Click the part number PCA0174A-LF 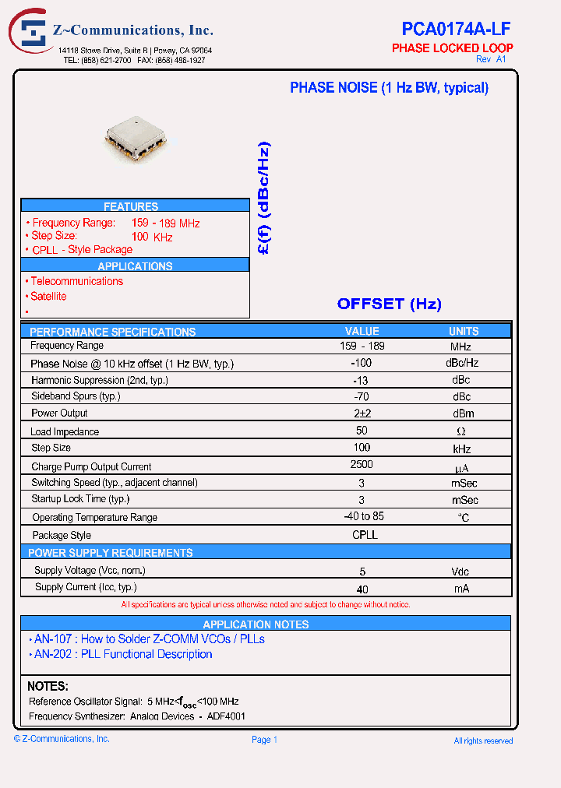click(x=456, y=30)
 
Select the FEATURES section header click(x=131, y=206)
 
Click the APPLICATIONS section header click(x=135, y=266)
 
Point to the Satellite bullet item click(x=48, y=296)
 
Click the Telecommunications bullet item click(x=76, y=281)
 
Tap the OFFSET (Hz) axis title click(x=389, y=304)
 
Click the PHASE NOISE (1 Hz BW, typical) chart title click(x=389, y=88)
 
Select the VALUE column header click(x=362, y=331)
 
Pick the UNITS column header click(x=464, y=331)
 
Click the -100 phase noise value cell click(x=361, y=363)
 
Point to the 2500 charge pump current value click(x=362, y=464)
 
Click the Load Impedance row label click(x=65, y=431)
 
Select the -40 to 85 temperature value click(x=363, y=515)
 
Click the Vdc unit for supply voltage click(x=460, y=571)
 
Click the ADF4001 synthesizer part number click(x=227, y=716)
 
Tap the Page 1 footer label click(x=264, y=740)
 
